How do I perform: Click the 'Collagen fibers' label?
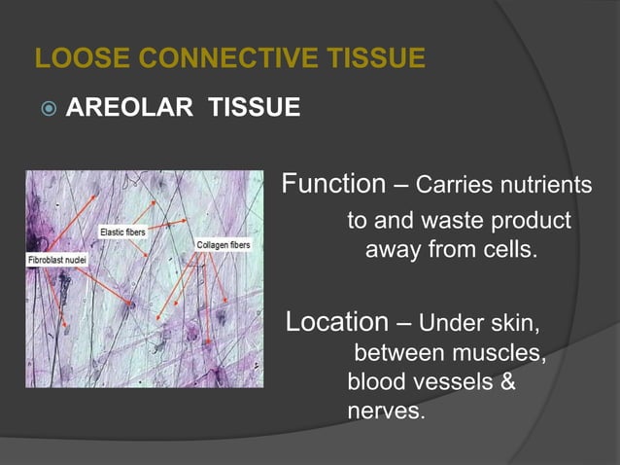(x=224, y=244)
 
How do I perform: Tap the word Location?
(x=336, y=321)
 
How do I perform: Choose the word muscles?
(x=498, y=351)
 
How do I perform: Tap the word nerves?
(x=386, y=411)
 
